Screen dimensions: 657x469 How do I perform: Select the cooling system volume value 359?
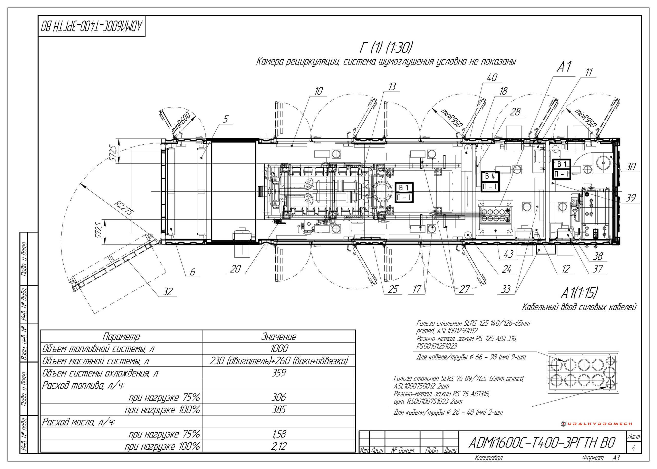click(279, 373)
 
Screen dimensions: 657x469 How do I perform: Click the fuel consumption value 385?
click(279, 409)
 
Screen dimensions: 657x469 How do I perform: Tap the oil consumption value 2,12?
click(279, 446)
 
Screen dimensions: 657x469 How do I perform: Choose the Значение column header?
click(279, 336)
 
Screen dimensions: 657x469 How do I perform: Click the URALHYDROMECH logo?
click(596, 424)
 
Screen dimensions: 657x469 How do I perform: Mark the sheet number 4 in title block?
click(633, 448)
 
